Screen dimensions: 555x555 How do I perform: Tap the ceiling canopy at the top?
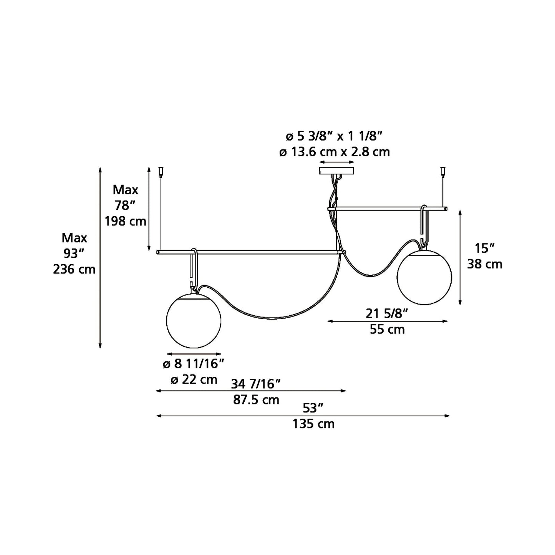pyautogui.click(x=337, y=171)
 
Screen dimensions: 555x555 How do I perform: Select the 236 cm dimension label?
pyautogui.click(x=74, y=270)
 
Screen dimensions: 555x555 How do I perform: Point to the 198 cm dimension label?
pyautogui.click(x=126, y=222)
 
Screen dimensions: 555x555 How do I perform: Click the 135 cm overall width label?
pyautogui.click(x=313, y=424)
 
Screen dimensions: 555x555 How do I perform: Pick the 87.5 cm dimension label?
pyautogui.click(x=256, y=400)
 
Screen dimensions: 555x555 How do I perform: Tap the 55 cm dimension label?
pyautogui.click(x=387, y=330)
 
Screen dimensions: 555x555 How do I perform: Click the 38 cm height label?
pyautogui.click(x=484, y=264)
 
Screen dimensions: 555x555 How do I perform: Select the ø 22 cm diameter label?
pyautogui.click(x=194, y=379)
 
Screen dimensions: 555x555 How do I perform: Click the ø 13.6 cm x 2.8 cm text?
pyautogui.click(x=334, y=152)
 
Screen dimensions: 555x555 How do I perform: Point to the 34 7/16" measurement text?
pyautogui.click(x=256, y=383)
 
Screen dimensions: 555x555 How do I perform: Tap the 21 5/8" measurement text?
pyautogui.click(x=386, y=314)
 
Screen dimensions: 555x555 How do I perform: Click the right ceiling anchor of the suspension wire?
pyautogui.click(x=443, y=170)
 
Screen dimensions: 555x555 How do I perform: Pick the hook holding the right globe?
pyautogui.click(x=424, y=225)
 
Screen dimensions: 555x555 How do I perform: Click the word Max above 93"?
pyautogui.click(x=74, y=238)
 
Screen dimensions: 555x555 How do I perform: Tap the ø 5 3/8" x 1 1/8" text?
pyautogui.click(x=334, y=136)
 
